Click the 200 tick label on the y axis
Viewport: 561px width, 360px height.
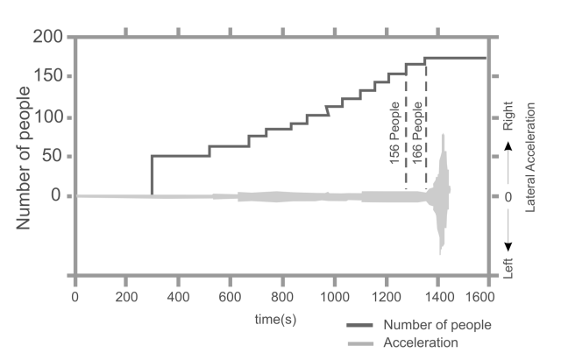[49, 38]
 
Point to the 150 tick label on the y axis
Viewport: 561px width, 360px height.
[49, 77]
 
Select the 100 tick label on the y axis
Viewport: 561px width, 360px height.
[49, 117]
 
